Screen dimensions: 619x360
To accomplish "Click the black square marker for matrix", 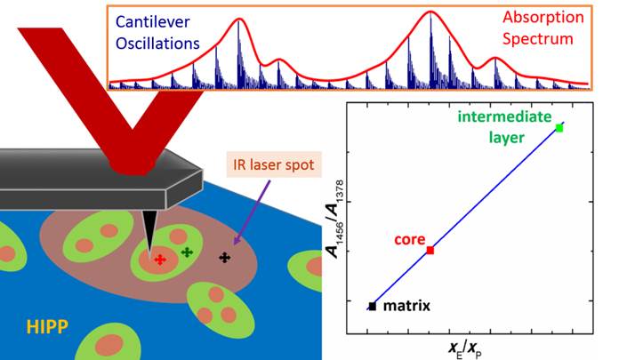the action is tap(373, 306).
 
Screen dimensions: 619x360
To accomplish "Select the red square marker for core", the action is tap(430, 251).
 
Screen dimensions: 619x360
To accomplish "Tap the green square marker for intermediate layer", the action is tap(559, 128).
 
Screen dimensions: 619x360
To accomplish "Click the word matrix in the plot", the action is tap(406, 306).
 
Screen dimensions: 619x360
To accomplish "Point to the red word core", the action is tap(410, 240).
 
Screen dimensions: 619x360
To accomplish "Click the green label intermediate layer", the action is tap(504, 127).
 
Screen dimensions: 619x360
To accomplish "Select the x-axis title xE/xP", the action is tap(464, 348).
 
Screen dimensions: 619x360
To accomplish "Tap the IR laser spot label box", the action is tap(274, 164).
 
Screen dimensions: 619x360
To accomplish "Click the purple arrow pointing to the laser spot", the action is tap(253, 212).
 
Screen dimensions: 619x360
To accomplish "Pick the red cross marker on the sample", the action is tap(160, 260).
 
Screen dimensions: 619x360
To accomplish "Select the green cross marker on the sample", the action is tap(187, 252).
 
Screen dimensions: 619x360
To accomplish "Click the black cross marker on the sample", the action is tap(225, 258).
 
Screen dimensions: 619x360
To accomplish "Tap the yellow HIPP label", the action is tap(47, 327).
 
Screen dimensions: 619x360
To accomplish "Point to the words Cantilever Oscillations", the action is tap(157, 33).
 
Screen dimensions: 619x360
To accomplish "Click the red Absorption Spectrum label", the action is tap(543, 28).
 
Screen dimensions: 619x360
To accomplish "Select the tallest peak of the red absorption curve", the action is tap(430, 12).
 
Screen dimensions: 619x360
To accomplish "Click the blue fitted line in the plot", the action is tap(466, 216).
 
